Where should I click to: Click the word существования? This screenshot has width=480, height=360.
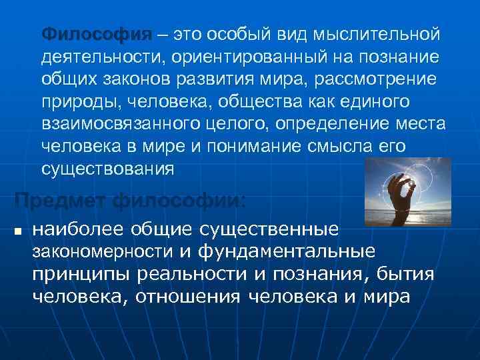pos(107,169)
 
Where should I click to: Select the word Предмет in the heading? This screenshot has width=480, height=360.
pos(61,199)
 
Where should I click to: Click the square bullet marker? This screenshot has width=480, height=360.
pos(18,231)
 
